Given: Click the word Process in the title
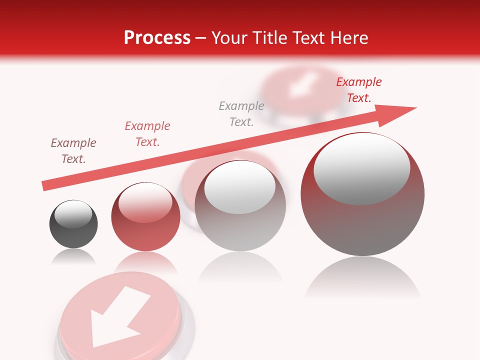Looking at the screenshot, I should point(157,37).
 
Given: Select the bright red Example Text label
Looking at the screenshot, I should point(358,90).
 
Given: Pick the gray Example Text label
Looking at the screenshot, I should point(241,113).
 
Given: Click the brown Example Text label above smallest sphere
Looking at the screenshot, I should point(73,151).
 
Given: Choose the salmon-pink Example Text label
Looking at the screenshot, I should point(147,133).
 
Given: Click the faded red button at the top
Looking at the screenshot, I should point(300,90).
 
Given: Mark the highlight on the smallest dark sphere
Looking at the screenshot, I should point(73,214).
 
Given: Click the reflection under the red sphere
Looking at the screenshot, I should point(145,262).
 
